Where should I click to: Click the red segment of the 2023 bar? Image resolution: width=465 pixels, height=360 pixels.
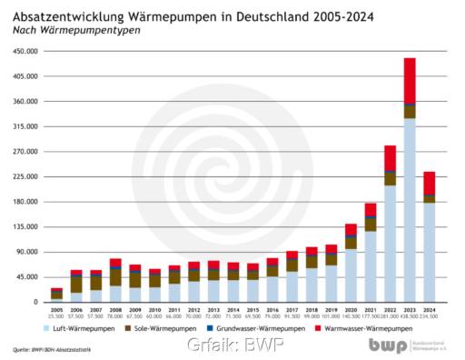coord(410,81)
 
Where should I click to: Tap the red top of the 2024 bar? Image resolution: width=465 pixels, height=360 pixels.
coord(430,183)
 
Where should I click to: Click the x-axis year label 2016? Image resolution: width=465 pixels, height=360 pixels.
coord(272,310)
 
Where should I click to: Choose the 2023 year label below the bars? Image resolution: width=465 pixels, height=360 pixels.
coord(410,310)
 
